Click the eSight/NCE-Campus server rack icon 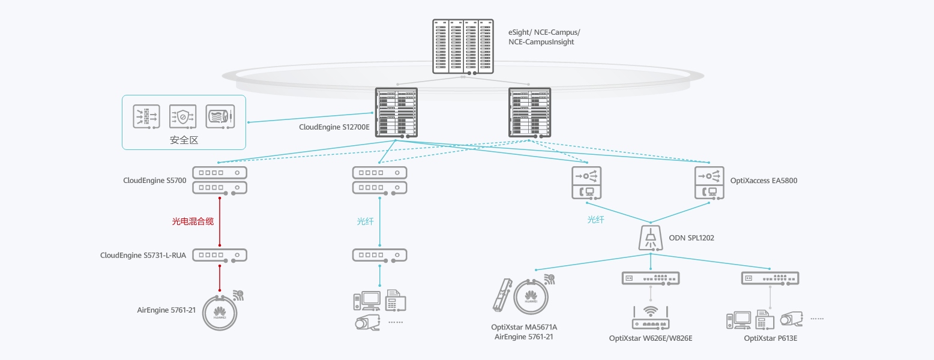pyautogui.click(x=463, y=46)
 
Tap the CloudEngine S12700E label pyautogui.click(x=334, y=127)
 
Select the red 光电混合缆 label pyautogui.click(x=193, y=221)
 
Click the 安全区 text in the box pyautogui.click(x=184, y=140)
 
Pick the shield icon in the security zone pyautogui.click(x=182, y=116)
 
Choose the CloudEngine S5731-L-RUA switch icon pyautogui.click(x=220, y=255)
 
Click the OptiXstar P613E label pyautogui.click(x=770, y=338)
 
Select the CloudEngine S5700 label pyautogui.click(x=155, y=180)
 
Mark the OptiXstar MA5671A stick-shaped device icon pyautogui.click(x=501, y=294)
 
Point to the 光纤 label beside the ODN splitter pyautogui.click(x=595, y=220)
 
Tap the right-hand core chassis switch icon pyautogui.click(x=529, y=113)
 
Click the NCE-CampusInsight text pyautogui.click(x=541, y=42)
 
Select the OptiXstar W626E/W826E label pyautogui.click(x=651, y=338)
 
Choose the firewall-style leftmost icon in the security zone pyautogui.click(x=147, y=116)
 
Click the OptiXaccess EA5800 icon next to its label pyautogui.click(x=711, y=182)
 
